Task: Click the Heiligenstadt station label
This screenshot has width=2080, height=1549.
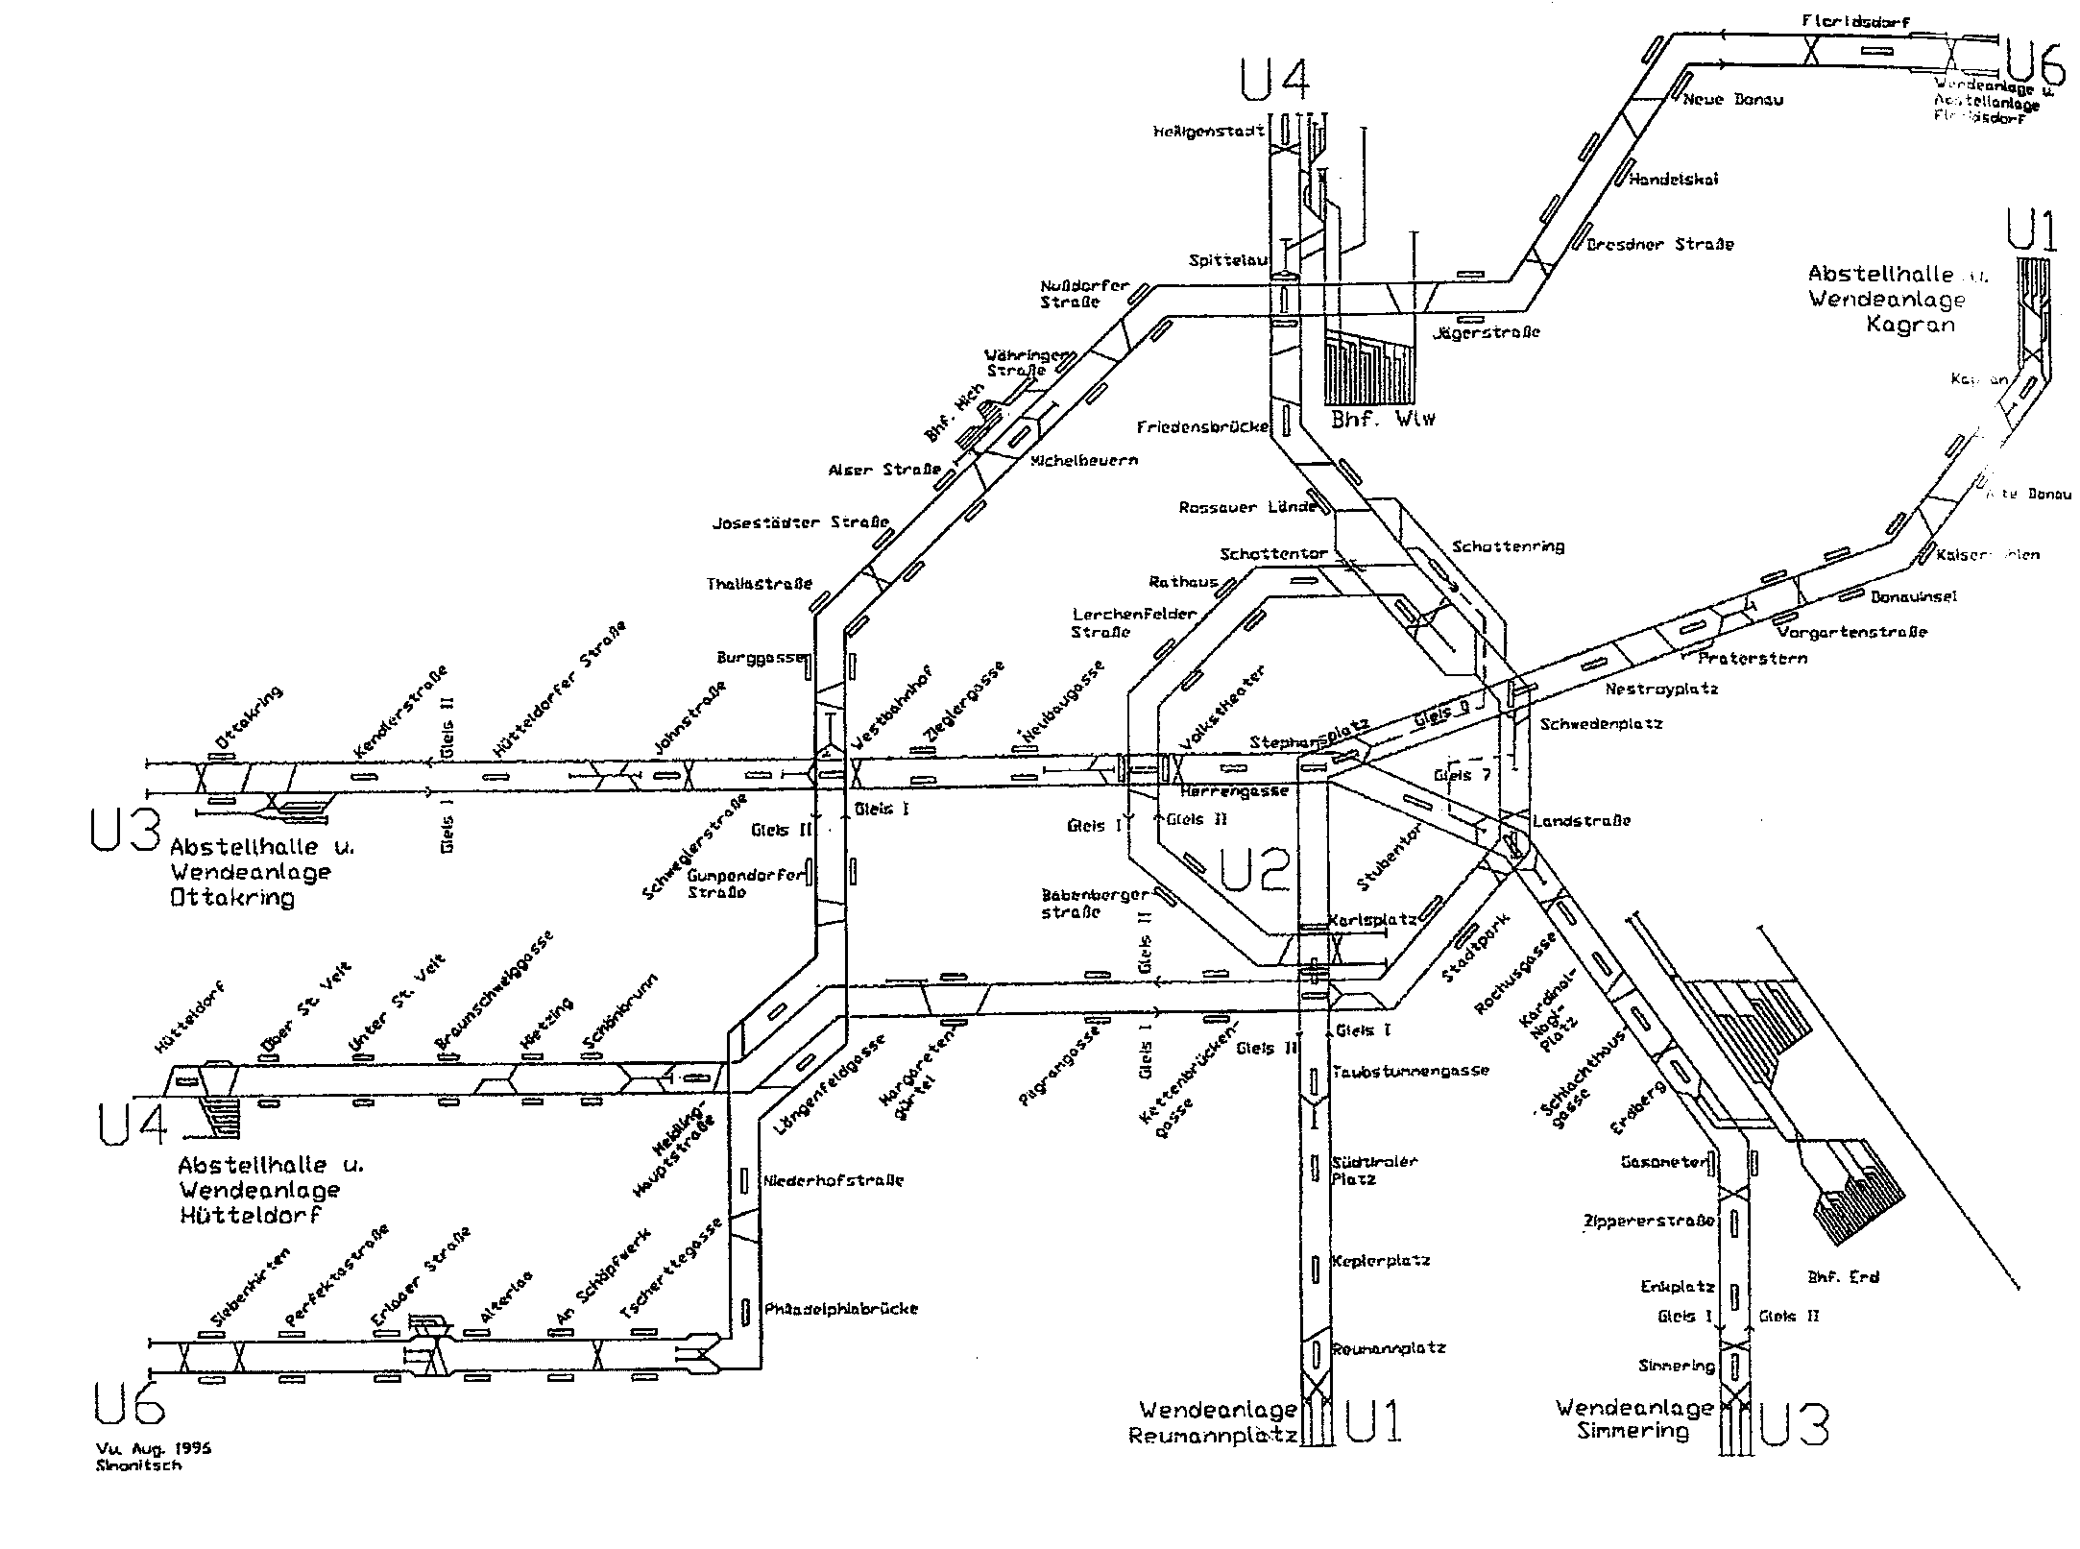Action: pos(1208,132)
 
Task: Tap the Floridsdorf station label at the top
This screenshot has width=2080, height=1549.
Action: pos(1870,20)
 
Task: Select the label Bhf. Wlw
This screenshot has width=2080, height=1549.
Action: pos(1383,420)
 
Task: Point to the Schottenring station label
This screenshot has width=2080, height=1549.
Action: pos(1508,546)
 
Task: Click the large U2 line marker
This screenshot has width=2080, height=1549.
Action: pos(1254,868)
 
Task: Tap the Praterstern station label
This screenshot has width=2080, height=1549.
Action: pos(1753,658)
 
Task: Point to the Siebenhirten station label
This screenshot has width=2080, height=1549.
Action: pos(249,1290)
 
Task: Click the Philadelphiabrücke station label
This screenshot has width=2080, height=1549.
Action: pos(841,1308)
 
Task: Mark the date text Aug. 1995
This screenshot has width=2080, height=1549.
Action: pos(166,1448)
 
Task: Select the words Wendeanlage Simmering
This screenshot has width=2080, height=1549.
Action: pos(1634,1420)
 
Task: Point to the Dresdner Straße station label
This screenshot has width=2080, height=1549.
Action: pos(1659,244)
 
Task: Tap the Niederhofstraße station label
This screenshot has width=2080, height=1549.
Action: pos(834,1180)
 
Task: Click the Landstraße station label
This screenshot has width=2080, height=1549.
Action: pos(1582,821)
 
